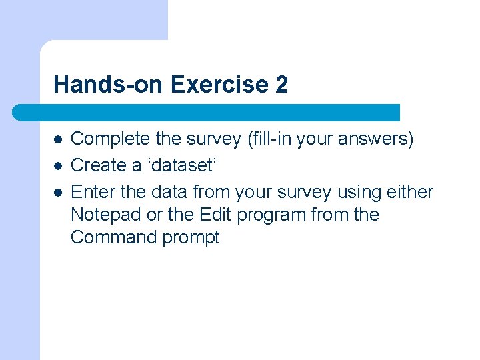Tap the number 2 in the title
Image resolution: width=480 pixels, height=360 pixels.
point(281,85)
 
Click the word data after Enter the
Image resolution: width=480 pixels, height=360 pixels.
point(170,192)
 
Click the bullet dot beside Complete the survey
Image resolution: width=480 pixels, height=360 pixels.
point(58,140)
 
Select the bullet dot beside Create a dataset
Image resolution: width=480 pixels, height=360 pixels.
point(58,166)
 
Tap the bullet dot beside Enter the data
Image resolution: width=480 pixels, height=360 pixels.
point(58,193)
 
